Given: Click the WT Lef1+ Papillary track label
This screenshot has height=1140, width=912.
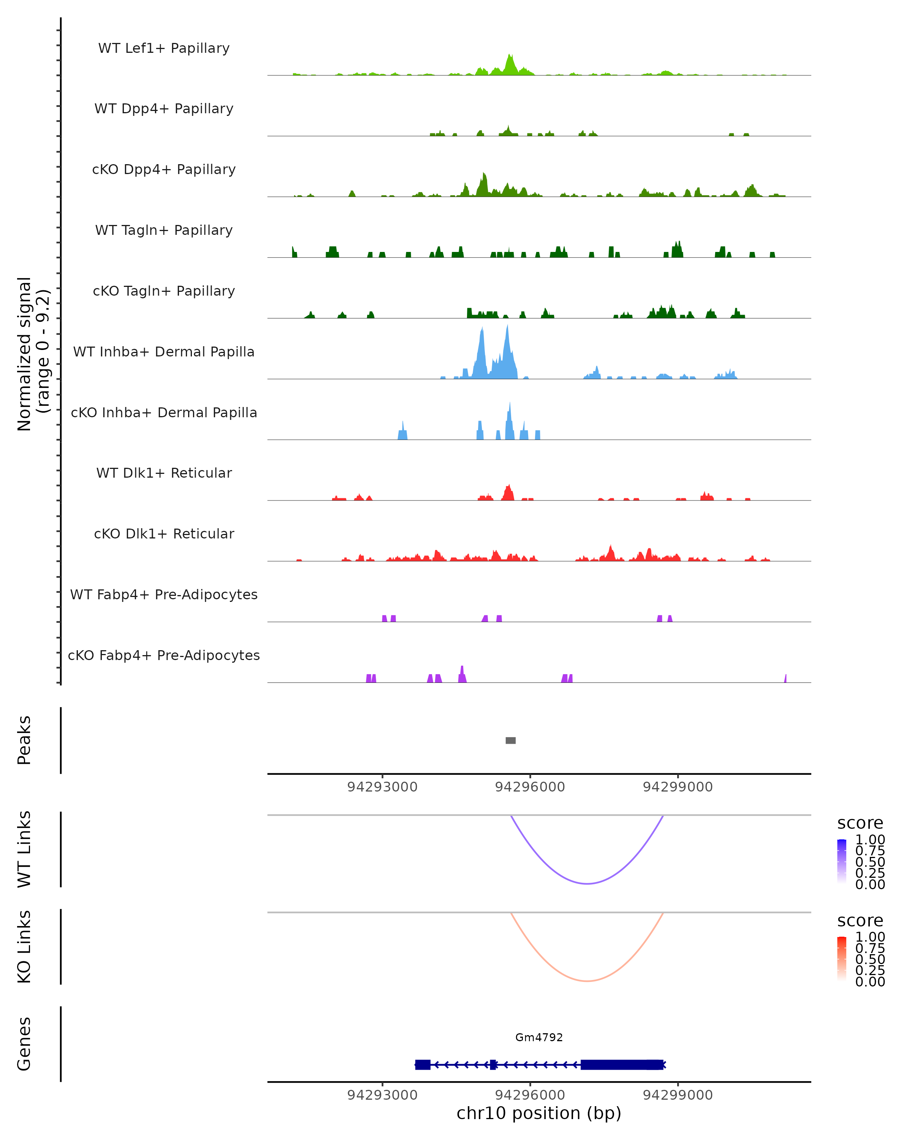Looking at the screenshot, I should click(164, 48).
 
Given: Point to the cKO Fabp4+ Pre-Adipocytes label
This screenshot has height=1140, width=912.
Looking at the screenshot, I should click(164, 655).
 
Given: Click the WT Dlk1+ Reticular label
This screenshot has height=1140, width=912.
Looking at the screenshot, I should click(164, 473).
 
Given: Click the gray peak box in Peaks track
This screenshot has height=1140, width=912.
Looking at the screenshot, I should click(510, 740).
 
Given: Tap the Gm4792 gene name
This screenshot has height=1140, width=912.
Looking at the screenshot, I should click(539, 1037).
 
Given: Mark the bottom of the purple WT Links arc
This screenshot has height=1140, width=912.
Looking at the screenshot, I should click(587, 883).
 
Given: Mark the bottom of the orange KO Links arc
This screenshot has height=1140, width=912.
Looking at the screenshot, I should click(587, 981).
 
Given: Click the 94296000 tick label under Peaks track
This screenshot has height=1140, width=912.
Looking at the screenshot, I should click(530, 787).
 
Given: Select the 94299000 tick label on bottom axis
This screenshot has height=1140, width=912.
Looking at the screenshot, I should click(677, 1095).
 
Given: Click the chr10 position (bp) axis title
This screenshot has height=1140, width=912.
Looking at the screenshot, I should click(539, 1113).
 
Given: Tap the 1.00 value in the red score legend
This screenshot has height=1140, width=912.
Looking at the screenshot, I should click(870, 937).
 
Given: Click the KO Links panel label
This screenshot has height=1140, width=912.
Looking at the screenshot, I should click(24, 947).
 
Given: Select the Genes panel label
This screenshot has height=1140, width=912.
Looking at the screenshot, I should click(24, 1044).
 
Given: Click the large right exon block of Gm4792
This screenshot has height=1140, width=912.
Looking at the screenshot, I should click(621, 1064).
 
